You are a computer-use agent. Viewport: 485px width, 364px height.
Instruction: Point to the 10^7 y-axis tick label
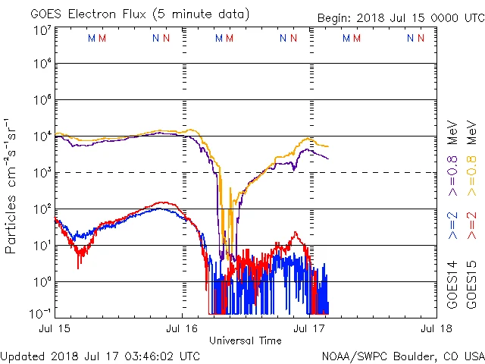pyautogui.click(x=42, y=30)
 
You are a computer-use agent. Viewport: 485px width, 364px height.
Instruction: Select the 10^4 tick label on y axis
pyautogui.click(x=42, y=136)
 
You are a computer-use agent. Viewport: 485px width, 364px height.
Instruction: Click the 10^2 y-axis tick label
pyautogui.click(x=42, y=209)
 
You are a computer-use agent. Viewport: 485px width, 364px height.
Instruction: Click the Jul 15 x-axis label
pyautogui.click(x=56, y=328)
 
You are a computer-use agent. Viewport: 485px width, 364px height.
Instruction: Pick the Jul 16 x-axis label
pyautogui.click(x=182, y=328)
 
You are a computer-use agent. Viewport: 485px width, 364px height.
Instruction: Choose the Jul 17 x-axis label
pyautogui.click(x=308, y=328)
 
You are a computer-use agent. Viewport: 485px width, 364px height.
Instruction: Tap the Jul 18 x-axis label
pyautogui.click(x=435, y=328)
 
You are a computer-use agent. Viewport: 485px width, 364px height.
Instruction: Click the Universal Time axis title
pyautogui.click(x=245, y=340)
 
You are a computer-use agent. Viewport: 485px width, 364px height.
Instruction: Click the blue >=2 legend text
pyautogui.click(x=452, y=224)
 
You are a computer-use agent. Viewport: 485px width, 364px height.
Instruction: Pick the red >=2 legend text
pyautogui.click(x=471, y=224)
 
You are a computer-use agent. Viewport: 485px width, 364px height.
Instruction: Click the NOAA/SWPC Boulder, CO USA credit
pyautogui.click(x=402, y=356)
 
